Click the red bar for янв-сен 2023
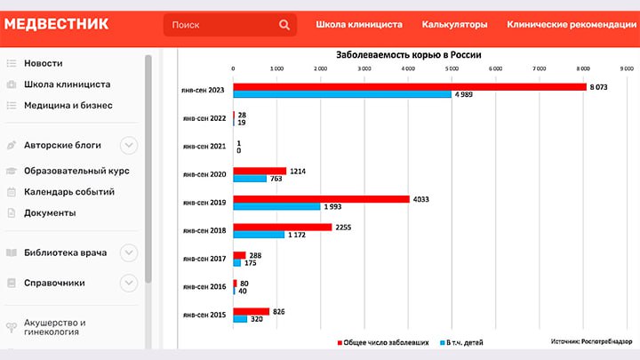(x=409, y=87)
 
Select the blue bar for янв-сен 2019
(x=276, y=206)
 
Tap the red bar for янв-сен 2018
(x=282, y=228)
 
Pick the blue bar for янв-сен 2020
(x=250, y=179)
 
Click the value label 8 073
(x=600, y=86)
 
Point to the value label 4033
(x=422, y=199)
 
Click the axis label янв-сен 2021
(x=204, y=146)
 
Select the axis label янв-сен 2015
(x=204, y=316)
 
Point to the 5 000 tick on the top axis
(x=451, y=68)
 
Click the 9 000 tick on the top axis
(x=626, y=68)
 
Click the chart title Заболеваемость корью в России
(x=409, y=55)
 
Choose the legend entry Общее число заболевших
(x=383, y=341)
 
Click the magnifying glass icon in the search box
(x=284, y=25)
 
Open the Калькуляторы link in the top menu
(x=454, y=25)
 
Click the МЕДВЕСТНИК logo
(x=57, y=24)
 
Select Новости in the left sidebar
(x=43, y=63)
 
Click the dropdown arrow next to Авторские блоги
(x=129, y=145)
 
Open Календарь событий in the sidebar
(x=69, y=191)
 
